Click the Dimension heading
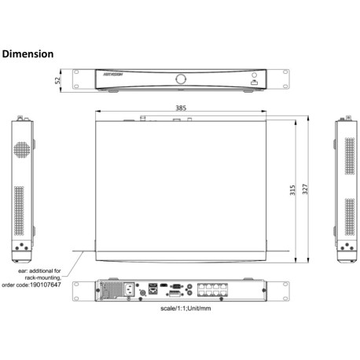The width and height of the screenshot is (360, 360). [28, 54]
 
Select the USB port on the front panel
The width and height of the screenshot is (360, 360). [254, 81]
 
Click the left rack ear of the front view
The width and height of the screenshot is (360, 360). [79, 79]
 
